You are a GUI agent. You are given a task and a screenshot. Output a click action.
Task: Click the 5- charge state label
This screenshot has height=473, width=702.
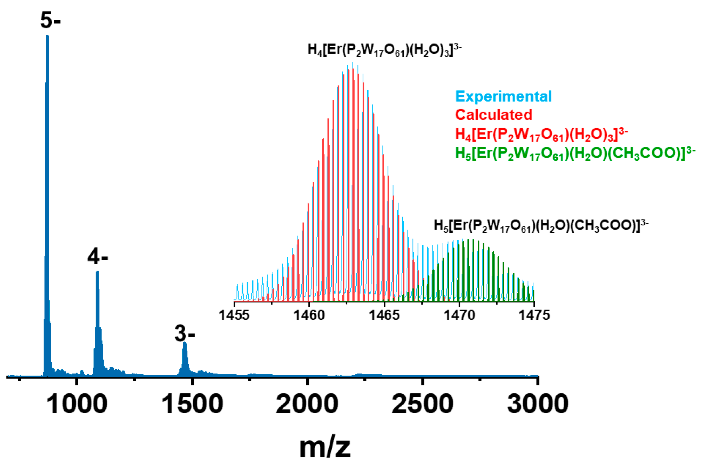(50, 20)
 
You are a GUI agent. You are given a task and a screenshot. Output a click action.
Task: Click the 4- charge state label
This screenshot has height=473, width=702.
(98, 257)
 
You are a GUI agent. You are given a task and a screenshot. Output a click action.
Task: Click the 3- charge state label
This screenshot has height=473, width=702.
(185, 334)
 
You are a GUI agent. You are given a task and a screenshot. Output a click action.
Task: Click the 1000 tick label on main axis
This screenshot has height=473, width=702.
(76, 404)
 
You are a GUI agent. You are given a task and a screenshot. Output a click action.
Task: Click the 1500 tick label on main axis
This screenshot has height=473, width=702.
(192, 404)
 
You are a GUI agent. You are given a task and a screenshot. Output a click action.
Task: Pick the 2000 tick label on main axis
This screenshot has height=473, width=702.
(307, 404)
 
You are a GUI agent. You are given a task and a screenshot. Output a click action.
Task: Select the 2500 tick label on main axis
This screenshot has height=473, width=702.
(422, 404)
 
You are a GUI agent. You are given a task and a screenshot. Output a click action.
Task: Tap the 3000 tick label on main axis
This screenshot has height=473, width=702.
(538, 404)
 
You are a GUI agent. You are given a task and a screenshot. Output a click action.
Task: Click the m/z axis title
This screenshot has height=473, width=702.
(325, 447)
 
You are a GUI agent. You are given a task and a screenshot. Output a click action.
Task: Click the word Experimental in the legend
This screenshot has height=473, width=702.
(503, 96)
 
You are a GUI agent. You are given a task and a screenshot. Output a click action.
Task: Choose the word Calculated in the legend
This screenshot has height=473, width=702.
(493, 115)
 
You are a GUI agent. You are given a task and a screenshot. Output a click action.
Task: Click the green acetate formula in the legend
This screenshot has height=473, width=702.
(575, 153)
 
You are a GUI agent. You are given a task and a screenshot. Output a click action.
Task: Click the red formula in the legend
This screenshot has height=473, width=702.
(541, 134)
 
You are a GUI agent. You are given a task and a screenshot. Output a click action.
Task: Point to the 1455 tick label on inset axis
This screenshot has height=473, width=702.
(234, 315)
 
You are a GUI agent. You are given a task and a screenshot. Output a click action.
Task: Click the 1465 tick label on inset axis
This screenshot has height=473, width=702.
(384, 315)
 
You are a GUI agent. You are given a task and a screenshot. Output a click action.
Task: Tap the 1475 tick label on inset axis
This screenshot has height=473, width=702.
(534, 315)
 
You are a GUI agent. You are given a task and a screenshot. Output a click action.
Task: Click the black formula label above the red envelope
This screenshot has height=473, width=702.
(384, 50)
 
